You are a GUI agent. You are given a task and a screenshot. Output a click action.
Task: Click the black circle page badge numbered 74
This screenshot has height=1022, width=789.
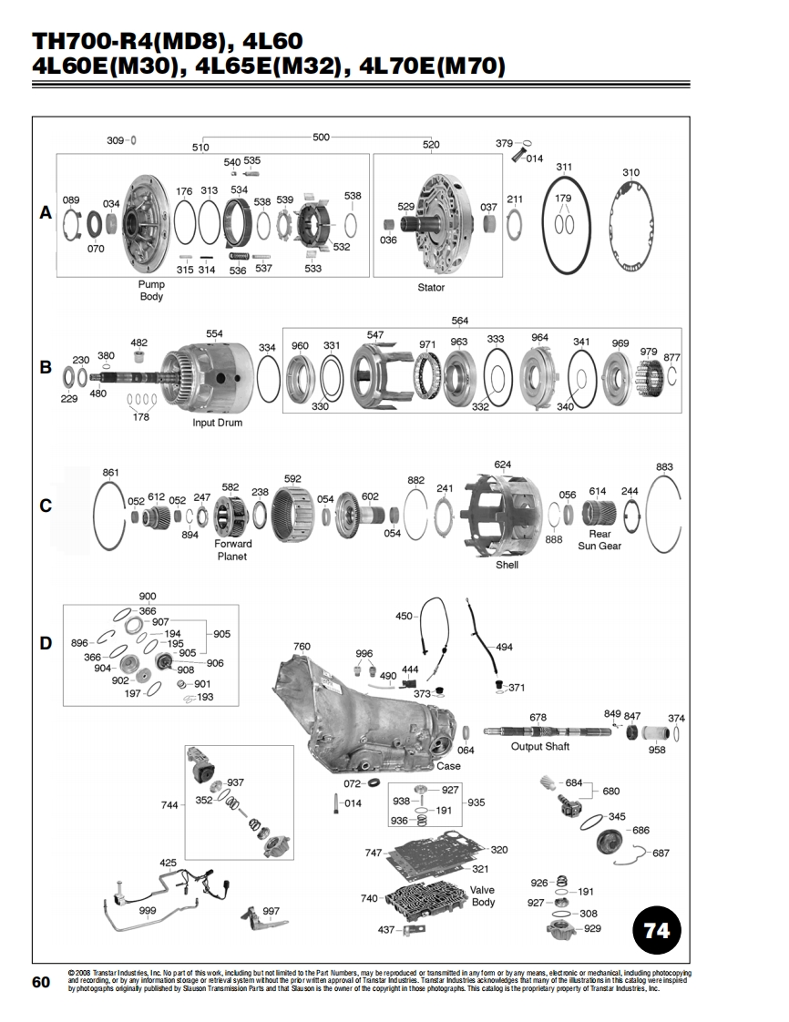point(657,930)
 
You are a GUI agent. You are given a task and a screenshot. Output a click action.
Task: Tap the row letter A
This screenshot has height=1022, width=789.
point(46,213)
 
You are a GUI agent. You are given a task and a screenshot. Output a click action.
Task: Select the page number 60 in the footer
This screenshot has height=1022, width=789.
point(41,982)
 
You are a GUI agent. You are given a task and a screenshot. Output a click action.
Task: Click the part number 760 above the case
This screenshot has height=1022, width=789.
point(302,647)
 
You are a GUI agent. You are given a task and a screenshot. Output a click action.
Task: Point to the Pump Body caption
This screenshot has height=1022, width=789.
point(151,290)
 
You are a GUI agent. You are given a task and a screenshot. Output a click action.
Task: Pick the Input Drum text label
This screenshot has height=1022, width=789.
point(217,423)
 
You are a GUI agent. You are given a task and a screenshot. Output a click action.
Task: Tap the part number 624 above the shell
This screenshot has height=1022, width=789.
point(503,465)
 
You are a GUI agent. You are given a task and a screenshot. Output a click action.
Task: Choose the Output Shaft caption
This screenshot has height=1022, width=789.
point(540,746)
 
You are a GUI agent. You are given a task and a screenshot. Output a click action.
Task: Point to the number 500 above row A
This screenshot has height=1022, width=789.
point(321,137)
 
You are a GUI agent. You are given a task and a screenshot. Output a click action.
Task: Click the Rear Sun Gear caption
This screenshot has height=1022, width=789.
point(599,539)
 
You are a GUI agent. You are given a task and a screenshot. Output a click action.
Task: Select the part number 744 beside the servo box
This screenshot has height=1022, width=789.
point(169,805)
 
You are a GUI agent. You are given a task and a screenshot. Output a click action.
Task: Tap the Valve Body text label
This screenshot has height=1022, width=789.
point(483,896)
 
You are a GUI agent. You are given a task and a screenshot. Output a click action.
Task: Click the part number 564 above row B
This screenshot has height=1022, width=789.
point(460,321)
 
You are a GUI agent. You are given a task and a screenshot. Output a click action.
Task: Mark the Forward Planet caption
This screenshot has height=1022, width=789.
point(232,549)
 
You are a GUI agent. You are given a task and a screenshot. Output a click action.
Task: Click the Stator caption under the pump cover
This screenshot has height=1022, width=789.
point(431,288)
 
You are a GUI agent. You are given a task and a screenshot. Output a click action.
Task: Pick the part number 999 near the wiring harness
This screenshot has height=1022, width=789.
point(148,911)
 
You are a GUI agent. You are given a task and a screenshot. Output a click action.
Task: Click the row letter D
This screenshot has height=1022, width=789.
point(46,643)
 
